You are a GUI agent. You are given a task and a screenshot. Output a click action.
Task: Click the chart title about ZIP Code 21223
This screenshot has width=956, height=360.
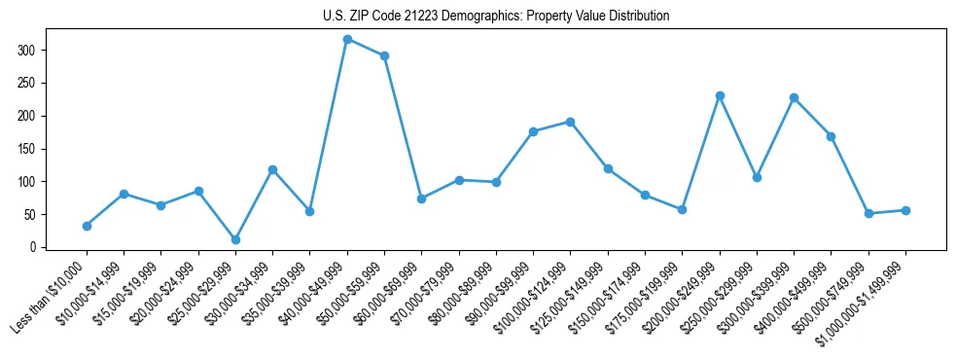point(496,17)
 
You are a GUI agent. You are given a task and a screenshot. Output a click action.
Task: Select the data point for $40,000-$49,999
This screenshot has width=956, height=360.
point(347,39)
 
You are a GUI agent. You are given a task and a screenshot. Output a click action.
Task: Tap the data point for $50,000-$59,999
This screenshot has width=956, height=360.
point(384,55)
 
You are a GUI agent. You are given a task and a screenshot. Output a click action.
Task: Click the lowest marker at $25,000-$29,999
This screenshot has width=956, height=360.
point(235,239)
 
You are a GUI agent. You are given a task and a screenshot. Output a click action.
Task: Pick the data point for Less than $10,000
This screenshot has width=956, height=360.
point(87,226)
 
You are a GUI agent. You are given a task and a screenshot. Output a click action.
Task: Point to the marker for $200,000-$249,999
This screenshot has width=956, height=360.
point(720,95)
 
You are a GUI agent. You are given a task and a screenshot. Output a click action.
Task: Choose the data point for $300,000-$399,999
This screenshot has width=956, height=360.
point(794,97)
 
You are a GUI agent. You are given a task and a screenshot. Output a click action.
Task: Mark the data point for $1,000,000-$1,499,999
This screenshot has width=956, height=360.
point(905,210)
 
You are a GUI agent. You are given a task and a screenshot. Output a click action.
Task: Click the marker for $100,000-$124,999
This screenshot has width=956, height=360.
point(571,122)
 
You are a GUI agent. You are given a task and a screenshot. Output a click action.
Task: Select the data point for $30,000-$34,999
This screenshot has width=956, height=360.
point(272,169)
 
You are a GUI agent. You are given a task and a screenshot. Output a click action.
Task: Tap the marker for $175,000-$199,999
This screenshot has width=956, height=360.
point(682,209)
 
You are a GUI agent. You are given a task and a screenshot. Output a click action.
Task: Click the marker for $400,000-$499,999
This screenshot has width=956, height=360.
point(831,136)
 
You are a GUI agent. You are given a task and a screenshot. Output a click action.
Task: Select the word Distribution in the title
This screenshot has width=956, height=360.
point(638,17)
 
